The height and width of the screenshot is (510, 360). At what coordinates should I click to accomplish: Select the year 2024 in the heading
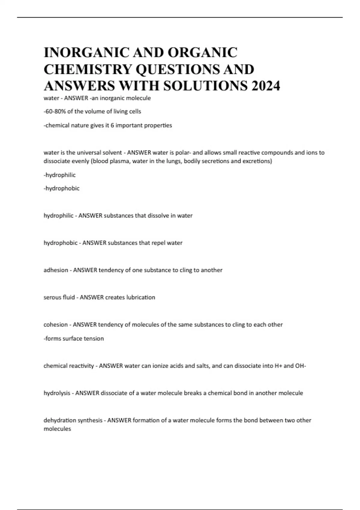tap(266, 86)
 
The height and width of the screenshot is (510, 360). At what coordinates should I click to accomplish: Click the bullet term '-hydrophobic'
tap(61, 188)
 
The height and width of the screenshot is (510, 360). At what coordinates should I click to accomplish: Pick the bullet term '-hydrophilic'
tap(60, 175)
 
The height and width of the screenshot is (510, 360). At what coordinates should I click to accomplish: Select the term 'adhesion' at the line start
tap(56, 270)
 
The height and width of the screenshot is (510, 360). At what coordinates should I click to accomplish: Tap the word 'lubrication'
tap(141, 298)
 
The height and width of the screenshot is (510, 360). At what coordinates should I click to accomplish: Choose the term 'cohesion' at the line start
tap(55, 325)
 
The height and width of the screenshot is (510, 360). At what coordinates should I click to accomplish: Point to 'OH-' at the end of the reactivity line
tap(301, 366)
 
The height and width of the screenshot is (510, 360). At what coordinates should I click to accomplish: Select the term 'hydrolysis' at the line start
tap(57, 393)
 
